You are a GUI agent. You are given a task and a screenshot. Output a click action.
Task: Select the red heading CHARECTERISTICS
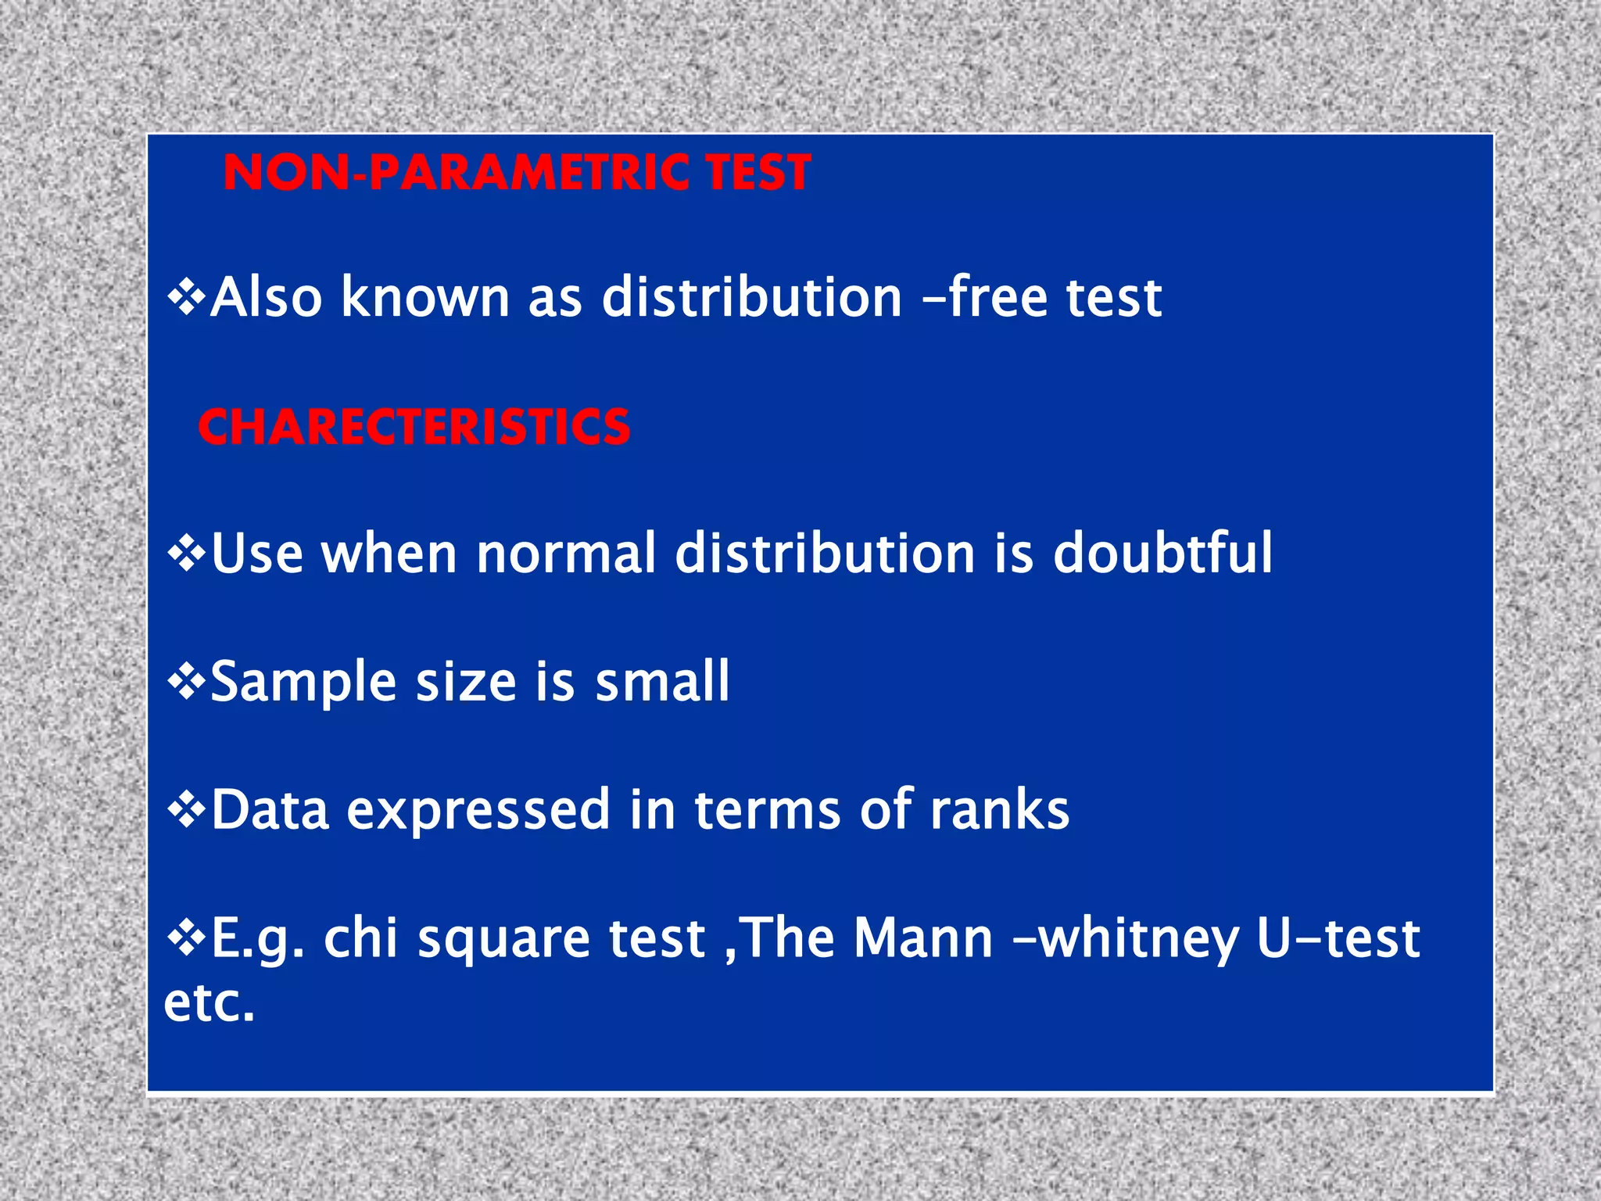click(414, 428)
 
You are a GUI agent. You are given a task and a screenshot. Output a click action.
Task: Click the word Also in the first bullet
click(267, 297)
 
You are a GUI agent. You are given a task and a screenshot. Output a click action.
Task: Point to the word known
click(425, 297)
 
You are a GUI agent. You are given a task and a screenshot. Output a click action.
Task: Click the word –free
click(985, 297)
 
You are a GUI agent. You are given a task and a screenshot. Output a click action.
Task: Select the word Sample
click(303, 682)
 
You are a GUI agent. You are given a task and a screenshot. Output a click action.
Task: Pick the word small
click(662, 682)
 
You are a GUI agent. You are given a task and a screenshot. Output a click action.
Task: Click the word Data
click(270, 809)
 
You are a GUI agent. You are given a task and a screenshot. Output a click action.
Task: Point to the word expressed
click(478, 811)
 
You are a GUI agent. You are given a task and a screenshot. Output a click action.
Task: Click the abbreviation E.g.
click(257, 938)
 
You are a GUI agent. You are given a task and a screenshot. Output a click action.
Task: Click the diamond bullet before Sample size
click(186, 682)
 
